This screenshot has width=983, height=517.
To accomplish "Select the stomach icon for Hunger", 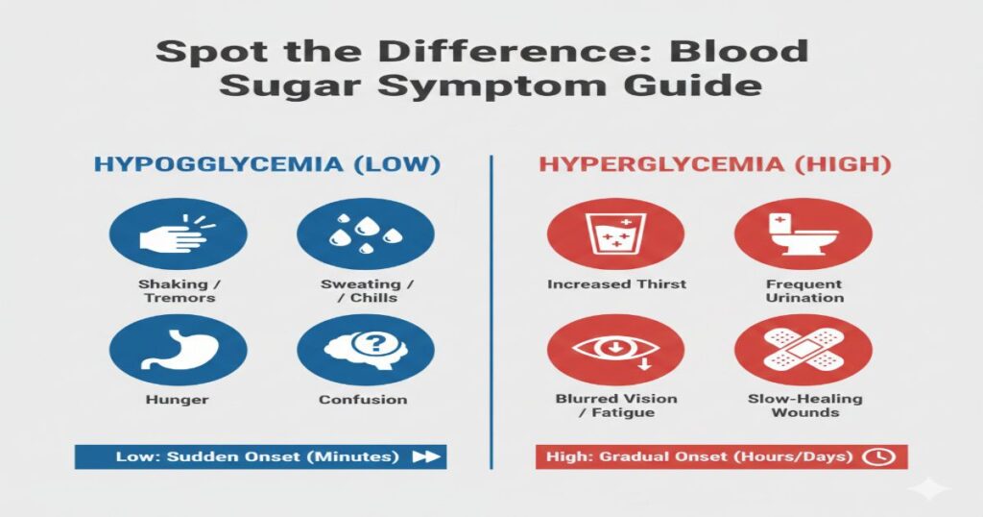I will (x=179, y=350).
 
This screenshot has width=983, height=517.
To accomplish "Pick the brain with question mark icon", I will (x=366, y=350).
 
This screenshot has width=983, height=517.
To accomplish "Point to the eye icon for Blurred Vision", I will (x=615, y=350).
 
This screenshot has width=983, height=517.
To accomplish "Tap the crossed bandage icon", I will (x=803, y=350).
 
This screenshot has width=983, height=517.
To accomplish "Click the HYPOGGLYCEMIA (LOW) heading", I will (x=267, y=163).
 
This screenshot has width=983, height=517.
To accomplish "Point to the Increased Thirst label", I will (x=616, y=284).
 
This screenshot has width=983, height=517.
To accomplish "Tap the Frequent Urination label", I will (x=804, y=291).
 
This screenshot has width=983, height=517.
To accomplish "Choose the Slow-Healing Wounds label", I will (x=804, y=406).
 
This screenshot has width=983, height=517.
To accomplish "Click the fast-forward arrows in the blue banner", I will (x=424, y=457).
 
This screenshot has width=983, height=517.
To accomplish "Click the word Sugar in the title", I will (x=279, y=85).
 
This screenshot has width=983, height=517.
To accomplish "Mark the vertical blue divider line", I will (x=491, y=308).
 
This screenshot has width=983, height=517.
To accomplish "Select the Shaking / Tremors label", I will (x=179, y=291).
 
